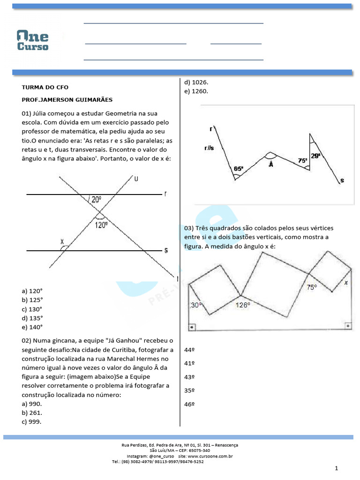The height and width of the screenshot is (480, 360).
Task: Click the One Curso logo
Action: (32, 40)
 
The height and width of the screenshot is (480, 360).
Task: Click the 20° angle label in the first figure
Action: (96, 199)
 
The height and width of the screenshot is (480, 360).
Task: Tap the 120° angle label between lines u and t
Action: (101, 225)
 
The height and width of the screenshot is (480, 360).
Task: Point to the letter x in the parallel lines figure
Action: (61, 241)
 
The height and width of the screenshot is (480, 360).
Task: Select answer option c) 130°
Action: (32, 309)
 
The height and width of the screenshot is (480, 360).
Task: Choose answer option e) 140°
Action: (32, 327)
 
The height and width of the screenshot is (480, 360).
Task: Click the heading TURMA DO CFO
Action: (45, 87)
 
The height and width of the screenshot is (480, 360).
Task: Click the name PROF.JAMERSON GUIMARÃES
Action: (67, 100)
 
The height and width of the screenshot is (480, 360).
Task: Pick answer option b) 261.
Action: (32, 412)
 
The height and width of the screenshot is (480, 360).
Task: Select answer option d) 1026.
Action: (196, 82)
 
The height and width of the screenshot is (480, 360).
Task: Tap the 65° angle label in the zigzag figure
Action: (238, 168)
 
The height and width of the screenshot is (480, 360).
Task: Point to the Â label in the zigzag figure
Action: (270, 164)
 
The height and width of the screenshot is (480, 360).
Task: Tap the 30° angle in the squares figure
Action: (196, 305)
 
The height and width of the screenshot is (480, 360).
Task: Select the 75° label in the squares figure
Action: (312, 287)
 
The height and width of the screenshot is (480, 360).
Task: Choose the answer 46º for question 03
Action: (189, 404)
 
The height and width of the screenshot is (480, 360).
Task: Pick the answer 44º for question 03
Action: (189, 350)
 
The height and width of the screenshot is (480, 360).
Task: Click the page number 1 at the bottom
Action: (337, 468)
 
